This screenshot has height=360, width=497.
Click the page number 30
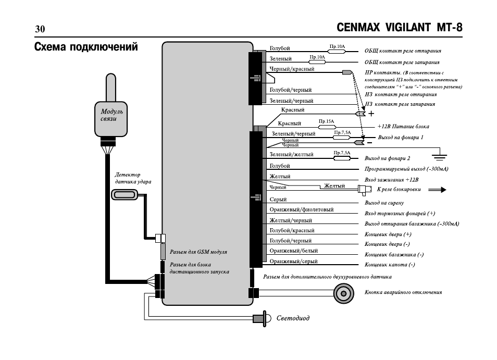[40, 29]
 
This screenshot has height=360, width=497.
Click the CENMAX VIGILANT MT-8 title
[400, 28]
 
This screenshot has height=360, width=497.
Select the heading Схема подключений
[86, 47]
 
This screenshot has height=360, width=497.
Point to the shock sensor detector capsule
[125, 194]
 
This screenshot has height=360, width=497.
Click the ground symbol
[440, 156]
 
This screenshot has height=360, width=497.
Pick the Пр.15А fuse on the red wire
[327, 127]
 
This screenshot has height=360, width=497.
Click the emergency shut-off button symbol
[344, 293]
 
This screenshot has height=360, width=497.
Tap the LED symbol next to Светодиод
[262, 318]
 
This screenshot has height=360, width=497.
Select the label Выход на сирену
[384, 203]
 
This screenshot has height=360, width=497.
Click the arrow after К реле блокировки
[437, 190]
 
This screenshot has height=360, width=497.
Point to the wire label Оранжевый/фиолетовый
[302, 209]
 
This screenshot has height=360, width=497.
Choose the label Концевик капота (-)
[390, 265]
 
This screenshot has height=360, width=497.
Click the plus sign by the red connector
[371, 114]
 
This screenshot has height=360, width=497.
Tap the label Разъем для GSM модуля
[198, 252]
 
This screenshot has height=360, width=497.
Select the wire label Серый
[278, 200]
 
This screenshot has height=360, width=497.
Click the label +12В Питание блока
[403, 127]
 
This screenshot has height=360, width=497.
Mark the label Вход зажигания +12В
[391, 180]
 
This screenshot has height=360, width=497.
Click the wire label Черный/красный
[292, 69]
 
